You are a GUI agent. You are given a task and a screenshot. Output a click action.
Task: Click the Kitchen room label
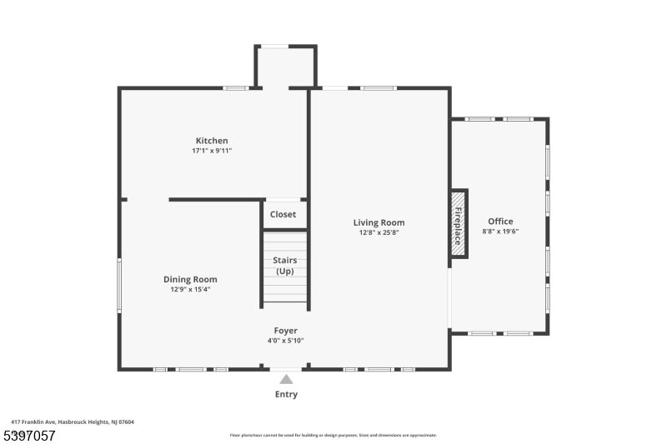tap(212, 141)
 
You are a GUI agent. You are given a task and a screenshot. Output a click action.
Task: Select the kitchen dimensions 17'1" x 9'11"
tap(212, 151)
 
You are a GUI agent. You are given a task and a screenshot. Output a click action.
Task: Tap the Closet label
tap(283, 214)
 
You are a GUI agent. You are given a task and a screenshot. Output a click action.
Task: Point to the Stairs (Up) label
tap(285, 266)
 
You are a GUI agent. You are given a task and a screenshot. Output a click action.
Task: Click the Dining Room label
tap(190, 280)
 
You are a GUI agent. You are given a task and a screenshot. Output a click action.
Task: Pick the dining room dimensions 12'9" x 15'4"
tap(190, 290)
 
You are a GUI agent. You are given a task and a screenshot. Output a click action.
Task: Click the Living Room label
tap(379, 222)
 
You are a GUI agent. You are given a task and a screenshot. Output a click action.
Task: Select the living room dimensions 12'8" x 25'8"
tap(379, 232)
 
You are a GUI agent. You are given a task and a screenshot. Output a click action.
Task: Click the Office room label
tap(500, 222)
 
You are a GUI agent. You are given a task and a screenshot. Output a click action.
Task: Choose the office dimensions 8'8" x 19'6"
tap(500, 232)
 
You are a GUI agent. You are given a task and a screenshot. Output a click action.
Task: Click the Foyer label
tap(285, 331)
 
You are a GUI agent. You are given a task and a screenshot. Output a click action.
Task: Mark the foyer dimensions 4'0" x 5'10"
tap(285, 341)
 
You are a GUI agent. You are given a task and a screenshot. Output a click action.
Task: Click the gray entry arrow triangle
tap(286, 379)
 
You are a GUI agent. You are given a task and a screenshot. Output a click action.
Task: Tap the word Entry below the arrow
tap(286, 394)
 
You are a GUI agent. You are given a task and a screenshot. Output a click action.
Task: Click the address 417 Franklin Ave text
tap(73, 422)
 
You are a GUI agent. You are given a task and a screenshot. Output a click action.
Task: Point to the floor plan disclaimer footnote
tap(333, 435)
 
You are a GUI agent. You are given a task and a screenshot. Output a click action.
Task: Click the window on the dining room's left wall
tap(119, 286)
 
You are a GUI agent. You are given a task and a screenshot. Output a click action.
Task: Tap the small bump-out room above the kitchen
tap(285, 67)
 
